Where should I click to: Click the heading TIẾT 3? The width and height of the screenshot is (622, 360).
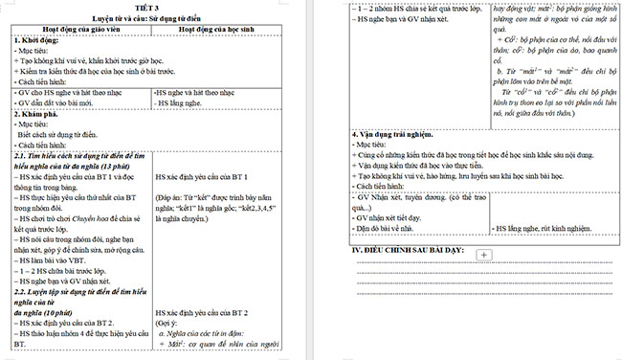click(x=154, y=8)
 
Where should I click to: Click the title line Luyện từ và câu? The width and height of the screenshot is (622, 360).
click(x=153, y=17)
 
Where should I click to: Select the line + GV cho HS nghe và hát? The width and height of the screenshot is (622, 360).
click(x=67, y=93)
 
